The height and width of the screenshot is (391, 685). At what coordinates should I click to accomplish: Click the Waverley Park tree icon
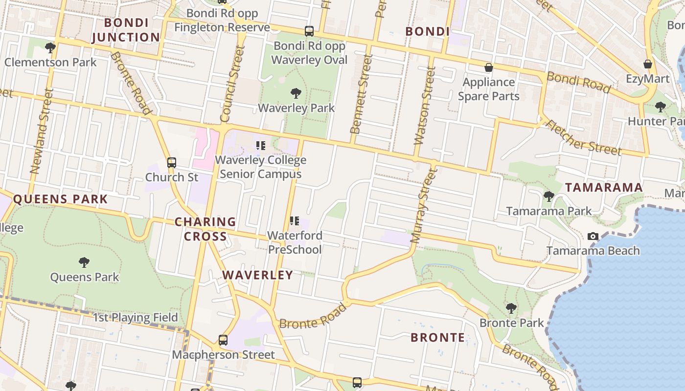click(x=296, y=93)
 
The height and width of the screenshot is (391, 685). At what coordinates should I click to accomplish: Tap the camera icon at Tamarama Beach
click(x=593, y=237)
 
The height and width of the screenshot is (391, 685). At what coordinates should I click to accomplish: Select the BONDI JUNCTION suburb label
click(x=126, y=30)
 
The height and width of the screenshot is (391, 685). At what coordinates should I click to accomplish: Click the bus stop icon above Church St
click(x=172, y=162)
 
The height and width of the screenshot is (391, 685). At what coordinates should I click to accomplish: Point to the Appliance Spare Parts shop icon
click(x=488, y=67)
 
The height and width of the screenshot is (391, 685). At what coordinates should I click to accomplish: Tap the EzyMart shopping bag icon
click(x=648, y=64)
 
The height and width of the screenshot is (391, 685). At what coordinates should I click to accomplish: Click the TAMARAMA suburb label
click(x=604, y=187)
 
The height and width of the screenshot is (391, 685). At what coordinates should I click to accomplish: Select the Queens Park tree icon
click(x=84, y=262)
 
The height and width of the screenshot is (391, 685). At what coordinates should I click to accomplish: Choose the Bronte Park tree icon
click(x=511, y=308)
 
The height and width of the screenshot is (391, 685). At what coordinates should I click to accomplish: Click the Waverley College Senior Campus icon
click(x=261, y=145)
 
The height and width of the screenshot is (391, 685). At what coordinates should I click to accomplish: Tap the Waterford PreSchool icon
click(x=295, y=221)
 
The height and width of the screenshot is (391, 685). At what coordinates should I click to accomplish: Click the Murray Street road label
click(x=423, y=205)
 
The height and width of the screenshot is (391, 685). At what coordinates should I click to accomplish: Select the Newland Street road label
click(x=41, y=131)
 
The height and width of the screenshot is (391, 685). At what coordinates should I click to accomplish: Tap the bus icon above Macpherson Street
click(x=223, y=340)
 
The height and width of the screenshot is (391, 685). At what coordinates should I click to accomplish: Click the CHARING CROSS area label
click(x=205, y=229)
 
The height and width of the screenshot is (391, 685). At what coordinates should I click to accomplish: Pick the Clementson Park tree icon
click(x=50, y=47)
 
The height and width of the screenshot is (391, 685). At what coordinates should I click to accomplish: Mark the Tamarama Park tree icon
click(x=548, y=196)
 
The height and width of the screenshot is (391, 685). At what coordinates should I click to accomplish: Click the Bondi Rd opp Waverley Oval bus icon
click(x=309, y=31)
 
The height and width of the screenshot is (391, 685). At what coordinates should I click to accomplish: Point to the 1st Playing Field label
click(x=136, y=317)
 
